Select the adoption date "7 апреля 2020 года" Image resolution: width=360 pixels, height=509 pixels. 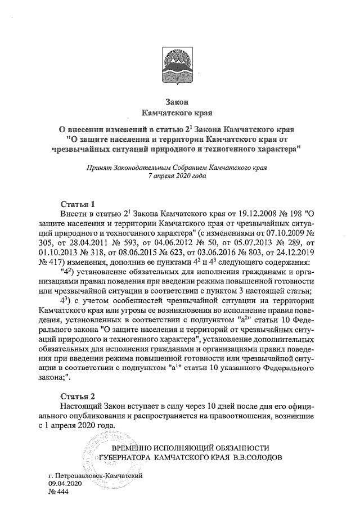180,175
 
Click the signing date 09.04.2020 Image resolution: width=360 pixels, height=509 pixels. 65,483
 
